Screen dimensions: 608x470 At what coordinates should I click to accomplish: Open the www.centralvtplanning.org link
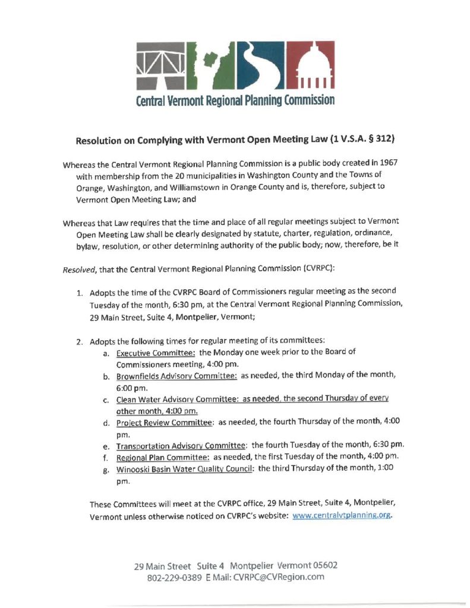tap(342, 515)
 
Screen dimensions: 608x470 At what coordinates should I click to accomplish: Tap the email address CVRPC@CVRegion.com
tap(279, 578)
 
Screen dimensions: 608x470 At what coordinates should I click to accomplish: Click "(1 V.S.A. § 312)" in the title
tap(356, 141)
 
